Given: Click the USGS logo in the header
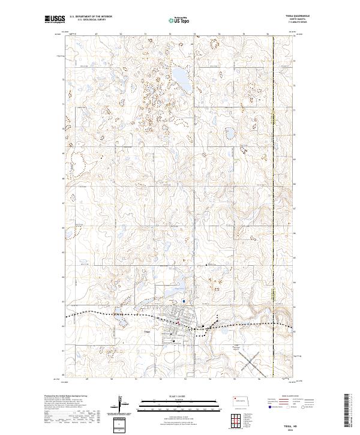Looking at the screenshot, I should point(55,20).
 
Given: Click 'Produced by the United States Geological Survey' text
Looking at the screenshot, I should point(62,396).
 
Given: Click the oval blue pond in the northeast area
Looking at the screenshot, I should point(229,133).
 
